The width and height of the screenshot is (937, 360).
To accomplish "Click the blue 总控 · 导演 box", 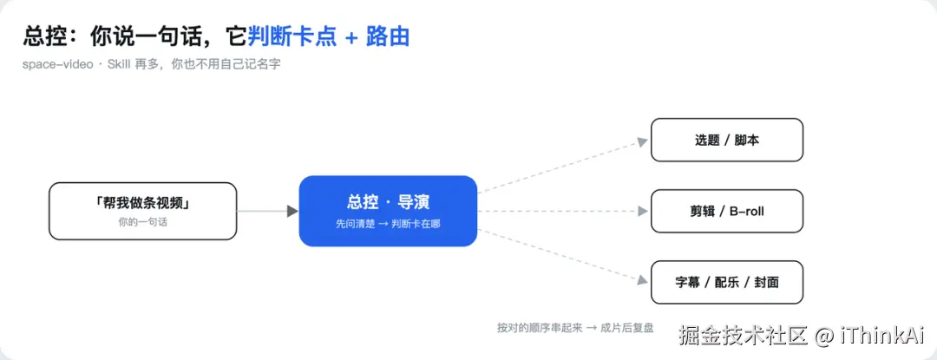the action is (x=388, y=211).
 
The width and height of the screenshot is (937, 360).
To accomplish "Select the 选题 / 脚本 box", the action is (x=727, y=140).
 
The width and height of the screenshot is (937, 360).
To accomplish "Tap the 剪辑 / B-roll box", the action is (x=727, y=211).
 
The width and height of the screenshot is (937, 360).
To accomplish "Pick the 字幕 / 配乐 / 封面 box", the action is (x=727, y=282).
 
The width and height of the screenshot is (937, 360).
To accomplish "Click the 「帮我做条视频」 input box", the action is (x=143, y=211).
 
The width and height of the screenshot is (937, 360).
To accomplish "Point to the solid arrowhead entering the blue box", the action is (x=292, y=211).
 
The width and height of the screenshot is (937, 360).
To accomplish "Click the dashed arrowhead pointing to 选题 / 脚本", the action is (x=643, y=142).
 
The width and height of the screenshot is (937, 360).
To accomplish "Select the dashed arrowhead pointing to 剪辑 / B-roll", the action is (x=643, y=211).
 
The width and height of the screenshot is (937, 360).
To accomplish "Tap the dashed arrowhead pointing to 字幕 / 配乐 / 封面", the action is (x=643, y=279).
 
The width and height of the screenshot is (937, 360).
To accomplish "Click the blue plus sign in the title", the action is (x=352, y=37).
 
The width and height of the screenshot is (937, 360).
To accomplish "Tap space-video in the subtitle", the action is (x=58, y=64).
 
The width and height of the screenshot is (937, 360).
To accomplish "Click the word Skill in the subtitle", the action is (x=120, y=64).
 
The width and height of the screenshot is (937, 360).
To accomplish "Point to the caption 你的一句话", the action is (x=143, y=223).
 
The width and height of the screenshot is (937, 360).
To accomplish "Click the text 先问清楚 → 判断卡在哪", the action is (x=388, y=224).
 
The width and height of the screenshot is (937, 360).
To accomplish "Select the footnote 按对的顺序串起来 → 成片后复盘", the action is (x=575, y=327).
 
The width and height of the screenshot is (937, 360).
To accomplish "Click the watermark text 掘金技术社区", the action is (x=744, y=336).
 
